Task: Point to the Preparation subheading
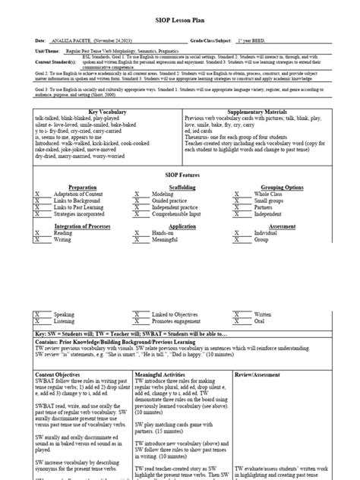coord(82,186)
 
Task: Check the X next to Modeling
coord(137,194)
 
